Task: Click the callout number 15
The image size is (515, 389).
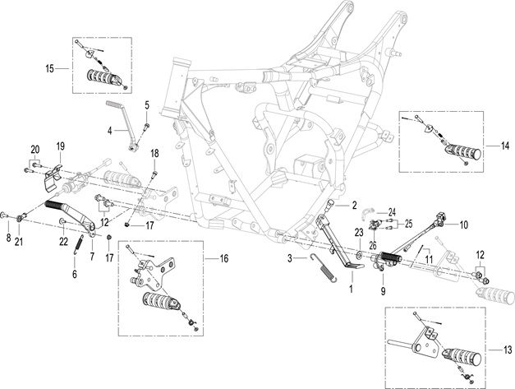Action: point(49,69)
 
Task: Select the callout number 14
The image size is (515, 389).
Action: point(505,146)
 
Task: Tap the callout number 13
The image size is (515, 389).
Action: point(508,350)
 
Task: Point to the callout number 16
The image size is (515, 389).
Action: point(223,258)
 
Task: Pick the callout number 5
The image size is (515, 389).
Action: point(147,105)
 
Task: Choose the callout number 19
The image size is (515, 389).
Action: point(61,146)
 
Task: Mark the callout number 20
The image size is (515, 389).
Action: point(35,150)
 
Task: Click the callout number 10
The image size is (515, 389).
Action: point(463,225)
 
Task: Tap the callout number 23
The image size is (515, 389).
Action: point(359,233)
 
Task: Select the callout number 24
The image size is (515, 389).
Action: point(392,212)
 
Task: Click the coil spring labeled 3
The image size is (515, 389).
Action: point(324,267)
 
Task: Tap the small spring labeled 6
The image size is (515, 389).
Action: point(78,245)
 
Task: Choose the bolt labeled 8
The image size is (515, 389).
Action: point(5,215)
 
